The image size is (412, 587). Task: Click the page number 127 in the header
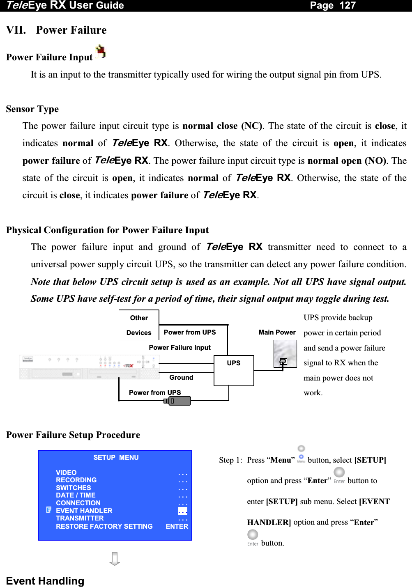(348, 5)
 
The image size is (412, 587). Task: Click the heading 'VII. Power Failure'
(56, 30)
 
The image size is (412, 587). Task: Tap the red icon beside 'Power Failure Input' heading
(101, 52)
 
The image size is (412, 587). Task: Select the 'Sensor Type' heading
(32, 109)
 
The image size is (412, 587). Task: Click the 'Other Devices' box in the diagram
(139, 325)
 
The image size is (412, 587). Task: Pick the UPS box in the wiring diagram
(234, 370)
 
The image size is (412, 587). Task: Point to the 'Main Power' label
(277, 332)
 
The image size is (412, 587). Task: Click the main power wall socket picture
(285, 354)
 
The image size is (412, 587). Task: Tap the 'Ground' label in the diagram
(181, 377)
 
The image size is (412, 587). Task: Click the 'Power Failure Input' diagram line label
(180, 347)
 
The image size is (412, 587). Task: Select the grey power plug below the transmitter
(178, 401)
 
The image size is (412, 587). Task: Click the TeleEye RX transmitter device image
(89, 367)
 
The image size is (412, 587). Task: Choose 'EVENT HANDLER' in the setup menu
(84, 511)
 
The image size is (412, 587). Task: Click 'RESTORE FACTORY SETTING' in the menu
(104, 526)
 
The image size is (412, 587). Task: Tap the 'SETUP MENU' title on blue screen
(116, 457)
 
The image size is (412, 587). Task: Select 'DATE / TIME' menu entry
(76, 495)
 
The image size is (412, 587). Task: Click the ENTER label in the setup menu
(177, 526)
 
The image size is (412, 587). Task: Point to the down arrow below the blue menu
(115, 559)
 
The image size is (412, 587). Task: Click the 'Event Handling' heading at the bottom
(45, 581)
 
